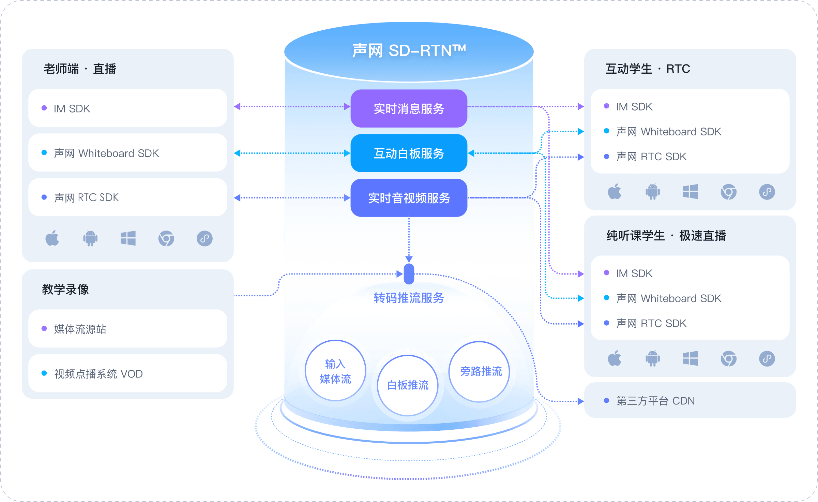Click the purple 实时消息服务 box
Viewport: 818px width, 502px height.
(x=409, y=108)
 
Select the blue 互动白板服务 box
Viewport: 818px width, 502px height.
(x=409, y=153)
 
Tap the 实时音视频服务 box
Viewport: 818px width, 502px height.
(x=409, y=198)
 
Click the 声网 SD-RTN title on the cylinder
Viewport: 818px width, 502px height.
(x=409, y=50)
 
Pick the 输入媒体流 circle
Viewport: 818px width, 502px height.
(x=335, y=371)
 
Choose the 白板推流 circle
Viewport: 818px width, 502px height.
(x=408, y=385)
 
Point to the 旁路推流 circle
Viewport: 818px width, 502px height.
(x=480, y=371)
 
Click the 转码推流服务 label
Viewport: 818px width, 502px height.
(x=409, y=298)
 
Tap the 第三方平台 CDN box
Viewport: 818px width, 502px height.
(x=690, y=400)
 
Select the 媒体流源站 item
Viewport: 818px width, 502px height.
(x=128, y=329)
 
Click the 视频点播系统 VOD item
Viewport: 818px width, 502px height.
(x=128, y=373)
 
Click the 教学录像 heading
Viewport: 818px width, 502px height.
(x=65, y=289)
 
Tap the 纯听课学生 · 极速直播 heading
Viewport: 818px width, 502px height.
(x=666, y=236)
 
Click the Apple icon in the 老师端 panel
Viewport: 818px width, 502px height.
(x=52, y=238)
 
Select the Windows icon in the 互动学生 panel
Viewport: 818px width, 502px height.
(x=691, y=192)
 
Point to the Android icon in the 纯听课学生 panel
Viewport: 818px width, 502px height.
(x=653, y=358)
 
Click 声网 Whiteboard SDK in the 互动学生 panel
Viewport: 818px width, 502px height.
(x=669, y=132)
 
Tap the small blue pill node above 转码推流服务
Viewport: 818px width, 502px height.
(x=409, y=274)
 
